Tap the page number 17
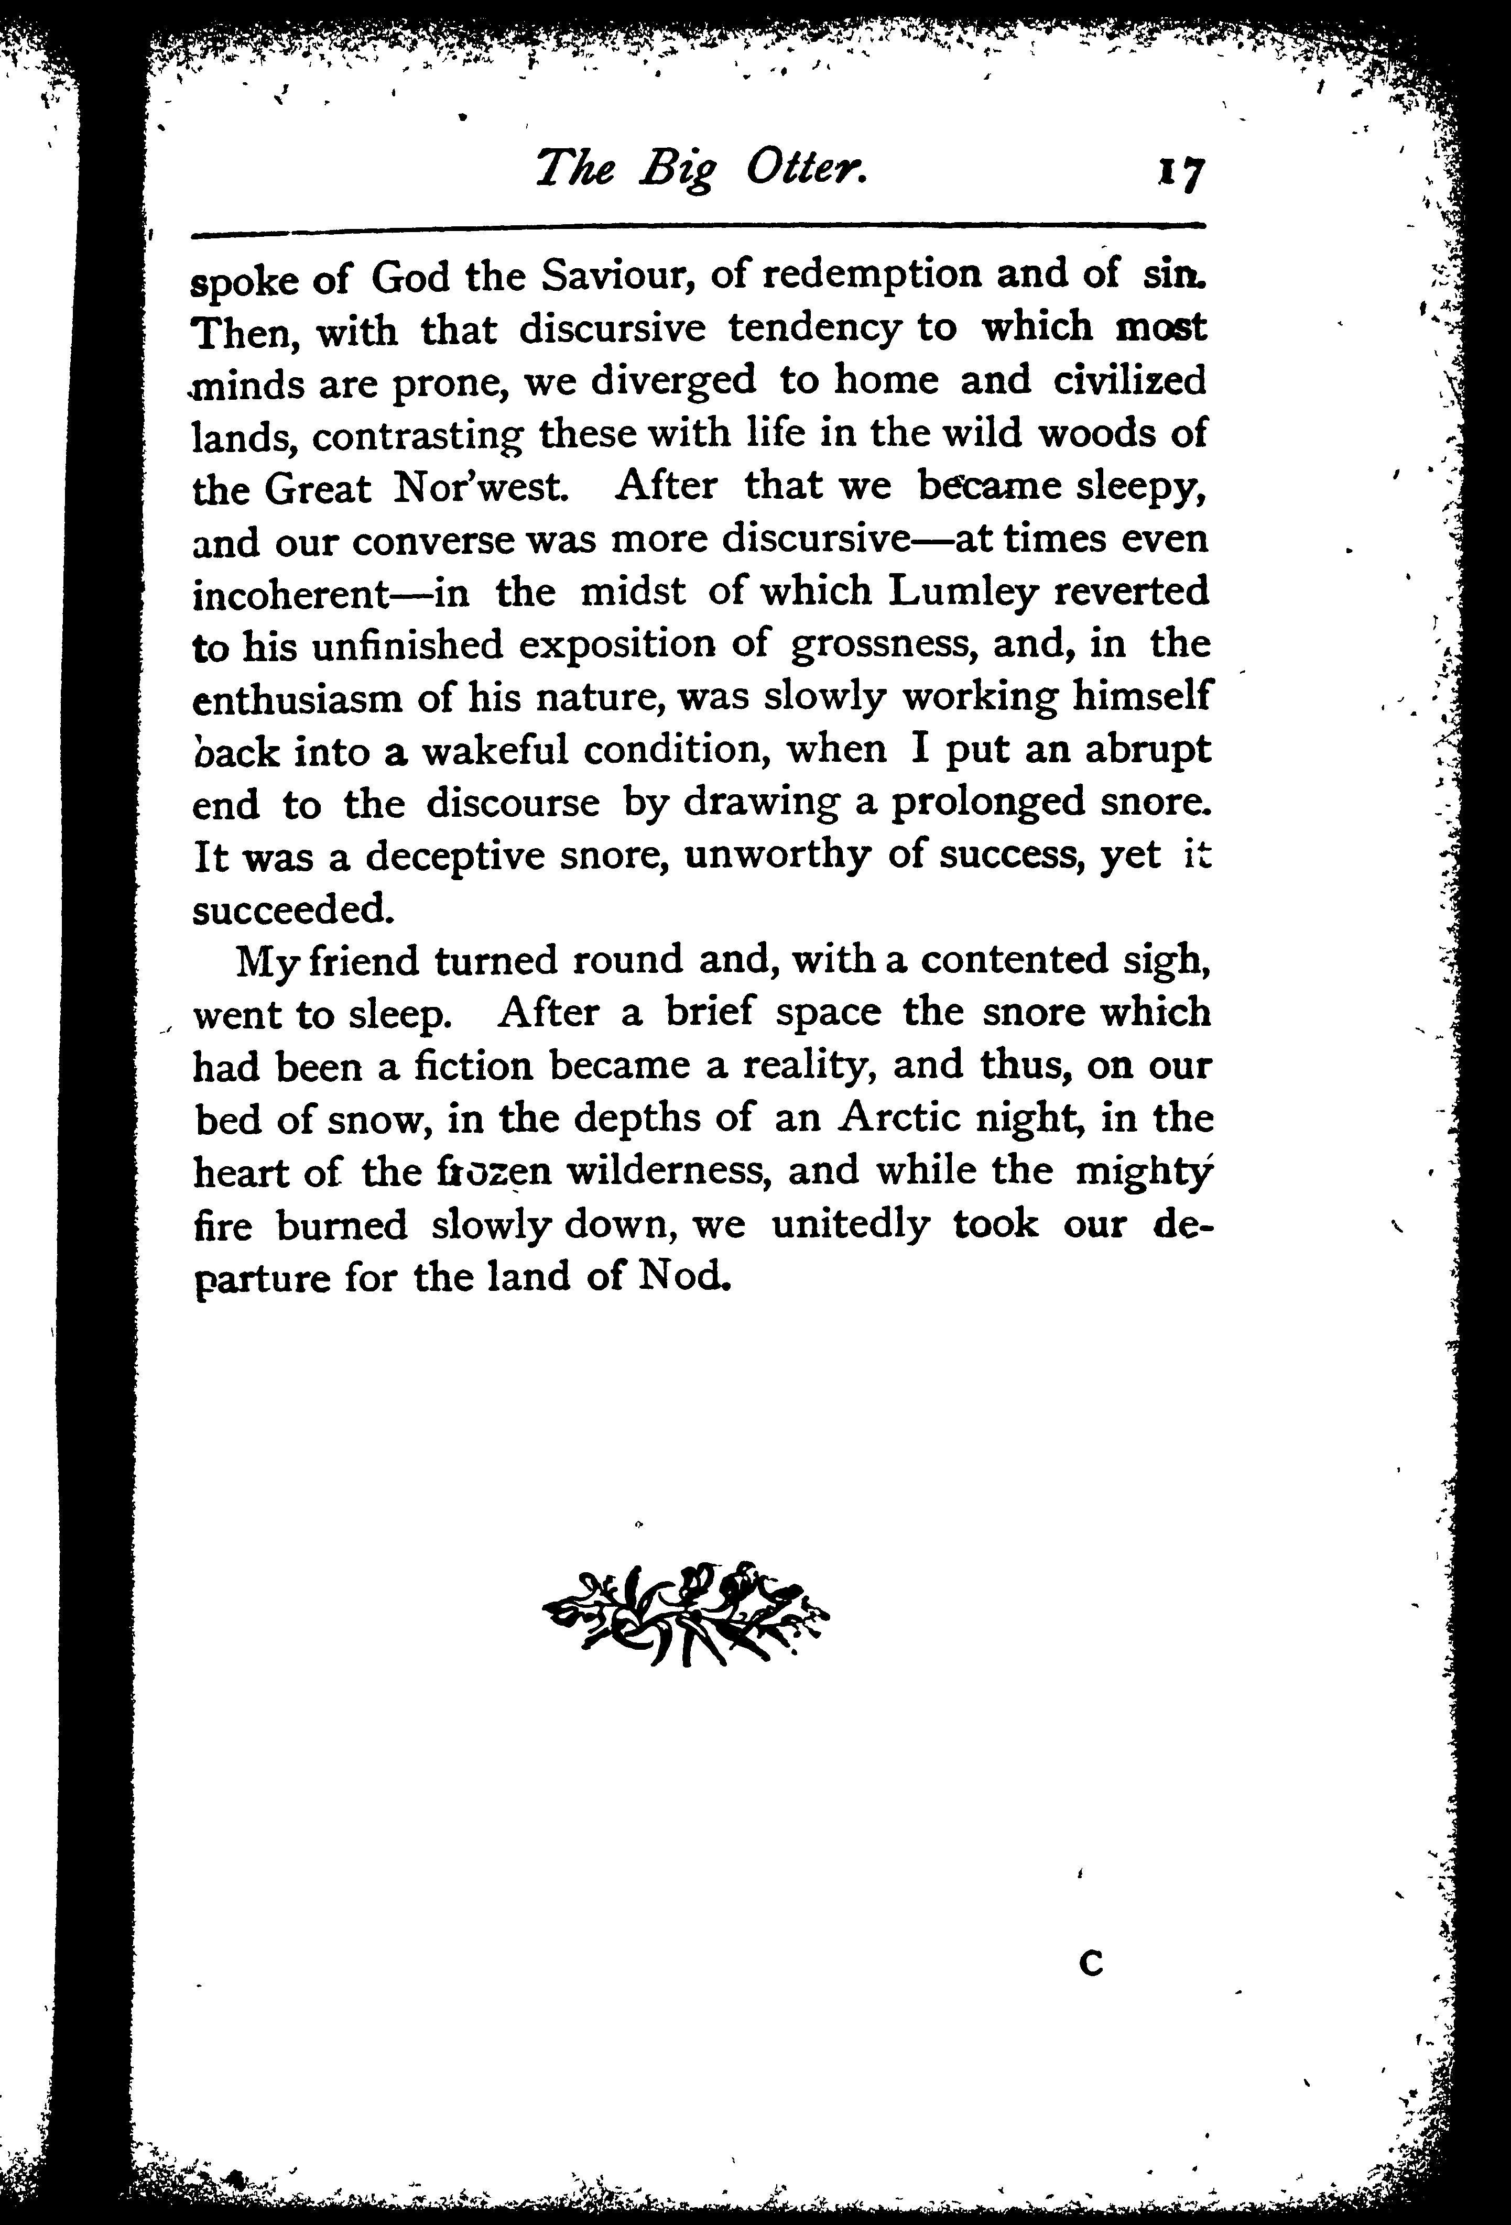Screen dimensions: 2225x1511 pos(1181,174)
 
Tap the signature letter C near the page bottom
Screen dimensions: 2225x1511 pos(1091,1964)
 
